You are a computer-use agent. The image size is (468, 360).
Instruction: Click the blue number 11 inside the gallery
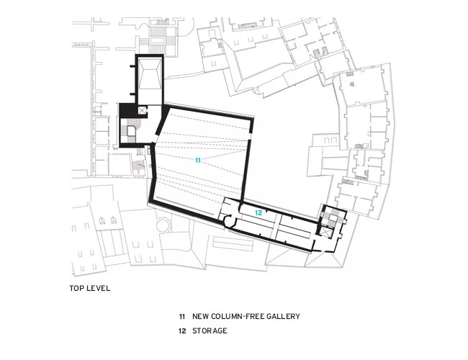point(198,161)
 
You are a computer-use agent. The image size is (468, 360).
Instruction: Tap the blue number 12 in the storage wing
point(258,213)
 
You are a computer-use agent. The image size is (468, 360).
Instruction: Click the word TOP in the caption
point(76,288)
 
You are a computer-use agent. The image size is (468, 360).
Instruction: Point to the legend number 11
point(182,316)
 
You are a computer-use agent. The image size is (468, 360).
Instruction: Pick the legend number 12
point(182,330)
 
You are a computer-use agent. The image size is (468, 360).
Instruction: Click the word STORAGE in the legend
point(210,330)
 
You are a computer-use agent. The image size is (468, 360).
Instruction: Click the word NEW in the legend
point(201,316)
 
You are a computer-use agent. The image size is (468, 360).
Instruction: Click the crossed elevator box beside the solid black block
point(143,110)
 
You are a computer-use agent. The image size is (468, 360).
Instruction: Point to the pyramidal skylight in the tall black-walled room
point(150,73)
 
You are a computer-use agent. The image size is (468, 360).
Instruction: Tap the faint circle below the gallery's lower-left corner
point(163,225)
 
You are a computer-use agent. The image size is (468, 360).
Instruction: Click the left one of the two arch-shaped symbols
point(102,220)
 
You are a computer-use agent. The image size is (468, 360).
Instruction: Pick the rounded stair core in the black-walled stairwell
point(131,131)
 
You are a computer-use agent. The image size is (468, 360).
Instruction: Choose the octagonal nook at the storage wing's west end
point(230,221)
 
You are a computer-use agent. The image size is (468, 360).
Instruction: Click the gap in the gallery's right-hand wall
point(250,137)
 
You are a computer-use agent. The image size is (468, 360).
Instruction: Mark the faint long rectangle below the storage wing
point(233,244)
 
